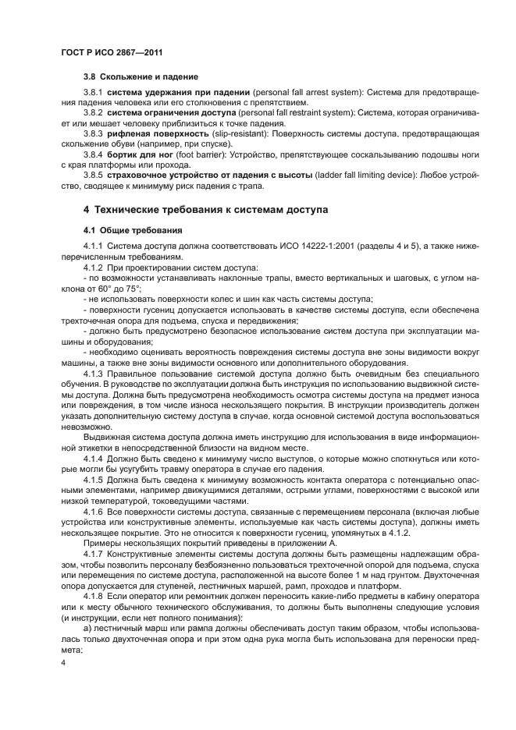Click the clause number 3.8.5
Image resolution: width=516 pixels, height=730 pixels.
click(94, 174)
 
